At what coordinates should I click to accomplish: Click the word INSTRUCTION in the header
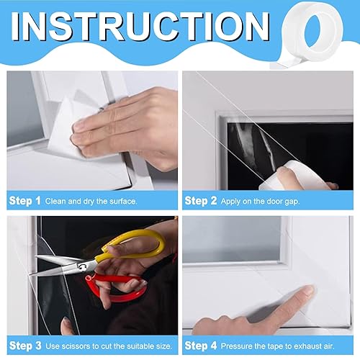[140, 26]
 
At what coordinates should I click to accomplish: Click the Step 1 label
[24, 201]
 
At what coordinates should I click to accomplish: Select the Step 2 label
[201, 201]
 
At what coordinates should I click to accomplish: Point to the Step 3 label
[25, 346]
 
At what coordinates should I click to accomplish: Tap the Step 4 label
[201, 346]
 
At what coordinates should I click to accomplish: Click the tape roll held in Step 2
[295, 176]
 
